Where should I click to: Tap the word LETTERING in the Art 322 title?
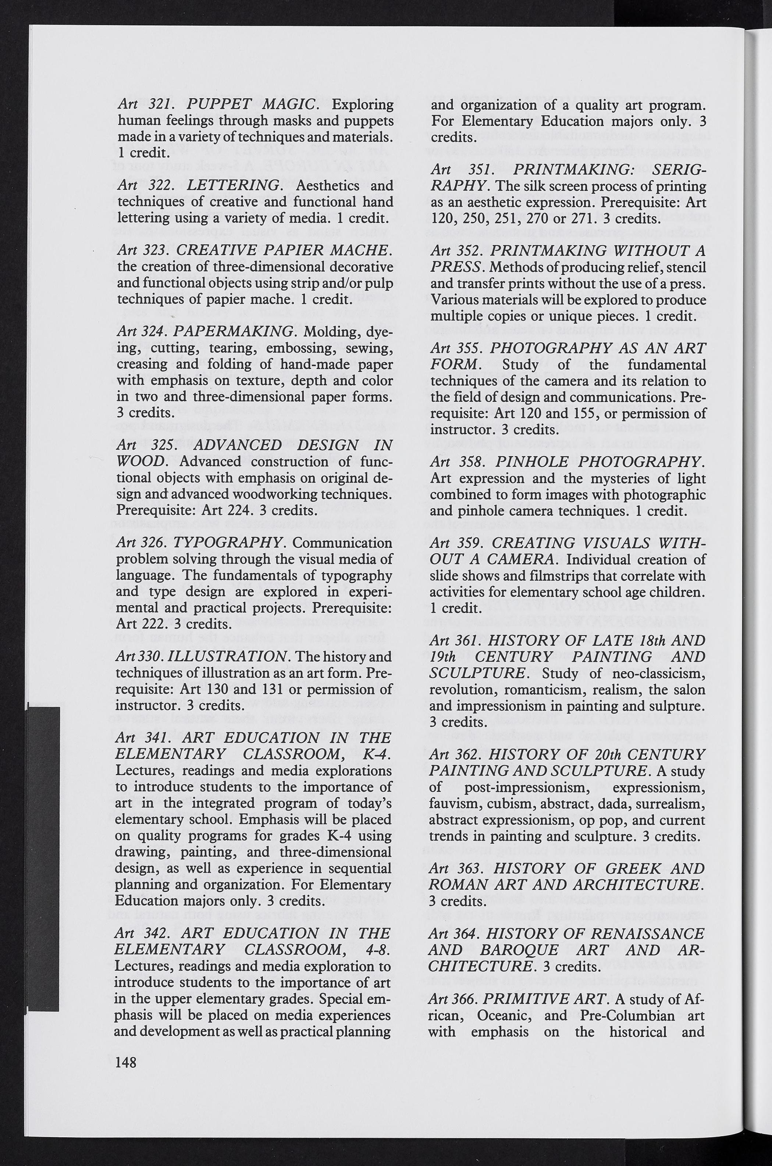coord(234,186)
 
